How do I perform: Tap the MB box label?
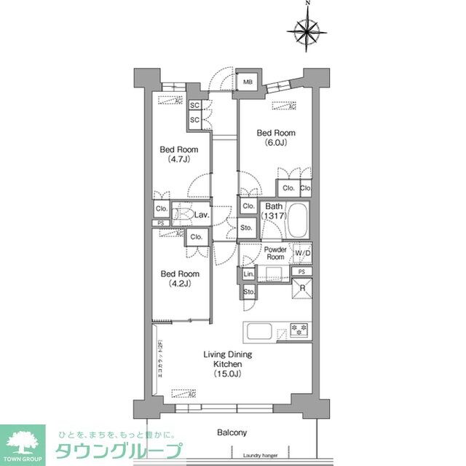[248, 82]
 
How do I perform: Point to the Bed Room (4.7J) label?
[178, 154]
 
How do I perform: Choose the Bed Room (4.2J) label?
[178, 279]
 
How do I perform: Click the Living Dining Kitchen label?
[227, 364]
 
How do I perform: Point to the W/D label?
[302, 253]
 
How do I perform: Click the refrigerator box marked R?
[302, 288]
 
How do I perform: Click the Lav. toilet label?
[202, 215]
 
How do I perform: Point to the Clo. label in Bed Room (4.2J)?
[196, 237]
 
